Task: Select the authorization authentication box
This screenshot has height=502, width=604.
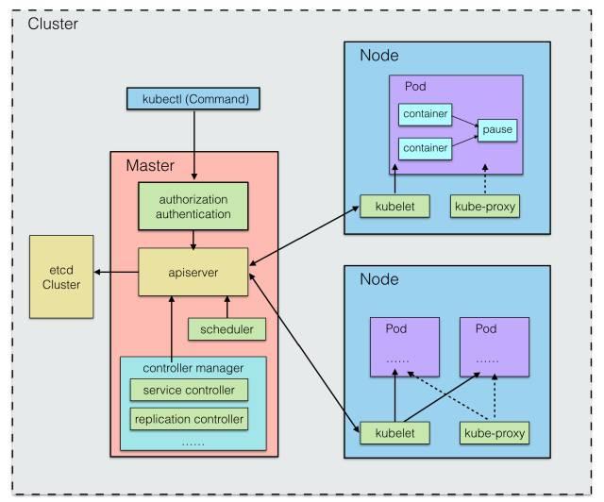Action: click(x=193, y=208)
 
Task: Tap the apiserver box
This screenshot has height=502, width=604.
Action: click(x=193, y=270)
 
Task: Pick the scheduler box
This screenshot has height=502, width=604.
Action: click(x=226, y=329)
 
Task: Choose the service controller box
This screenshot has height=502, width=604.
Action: click(x=189, y=390)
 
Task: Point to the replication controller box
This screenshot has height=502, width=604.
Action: click(x=189, y=418)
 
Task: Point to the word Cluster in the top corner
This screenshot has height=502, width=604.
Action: click(x=54, y=22)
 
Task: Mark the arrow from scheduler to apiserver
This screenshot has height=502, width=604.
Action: click(x=226, y=305)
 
